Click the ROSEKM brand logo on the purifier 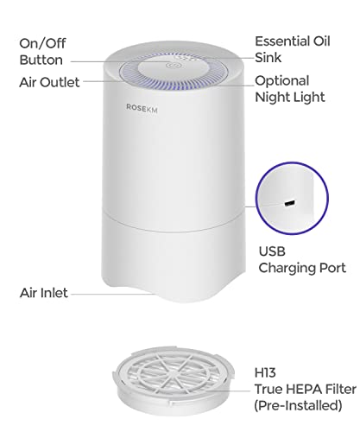coord(142,108)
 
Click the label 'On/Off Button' coord(42,52)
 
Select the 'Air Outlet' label coord(49,82)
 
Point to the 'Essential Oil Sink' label coord(293,49)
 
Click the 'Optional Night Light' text coord(290,89)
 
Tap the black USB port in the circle coord(289,203)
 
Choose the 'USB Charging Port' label coord(302,260)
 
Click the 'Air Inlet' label coord(44,293)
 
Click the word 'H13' coord(265,372)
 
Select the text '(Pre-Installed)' coord(298,405)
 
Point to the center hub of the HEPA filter coord(173,371)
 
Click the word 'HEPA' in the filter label coord(303,389)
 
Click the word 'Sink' coord(268,57)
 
